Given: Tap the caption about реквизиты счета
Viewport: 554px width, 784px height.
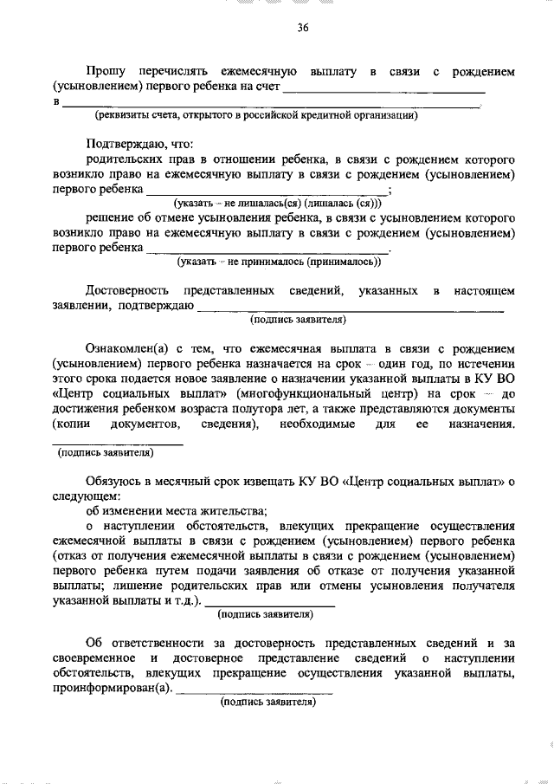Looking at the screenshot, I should tap(257, 114).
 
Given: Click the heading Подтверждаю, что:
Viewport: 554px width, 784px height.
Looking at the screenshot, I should tap(138, 144).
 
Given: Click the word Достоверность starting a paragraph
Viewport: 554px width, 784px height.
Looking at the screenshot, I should tap(126, 289).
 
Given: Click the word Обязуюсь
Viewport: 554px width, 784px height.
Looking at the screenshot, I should tap(113, 481).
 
